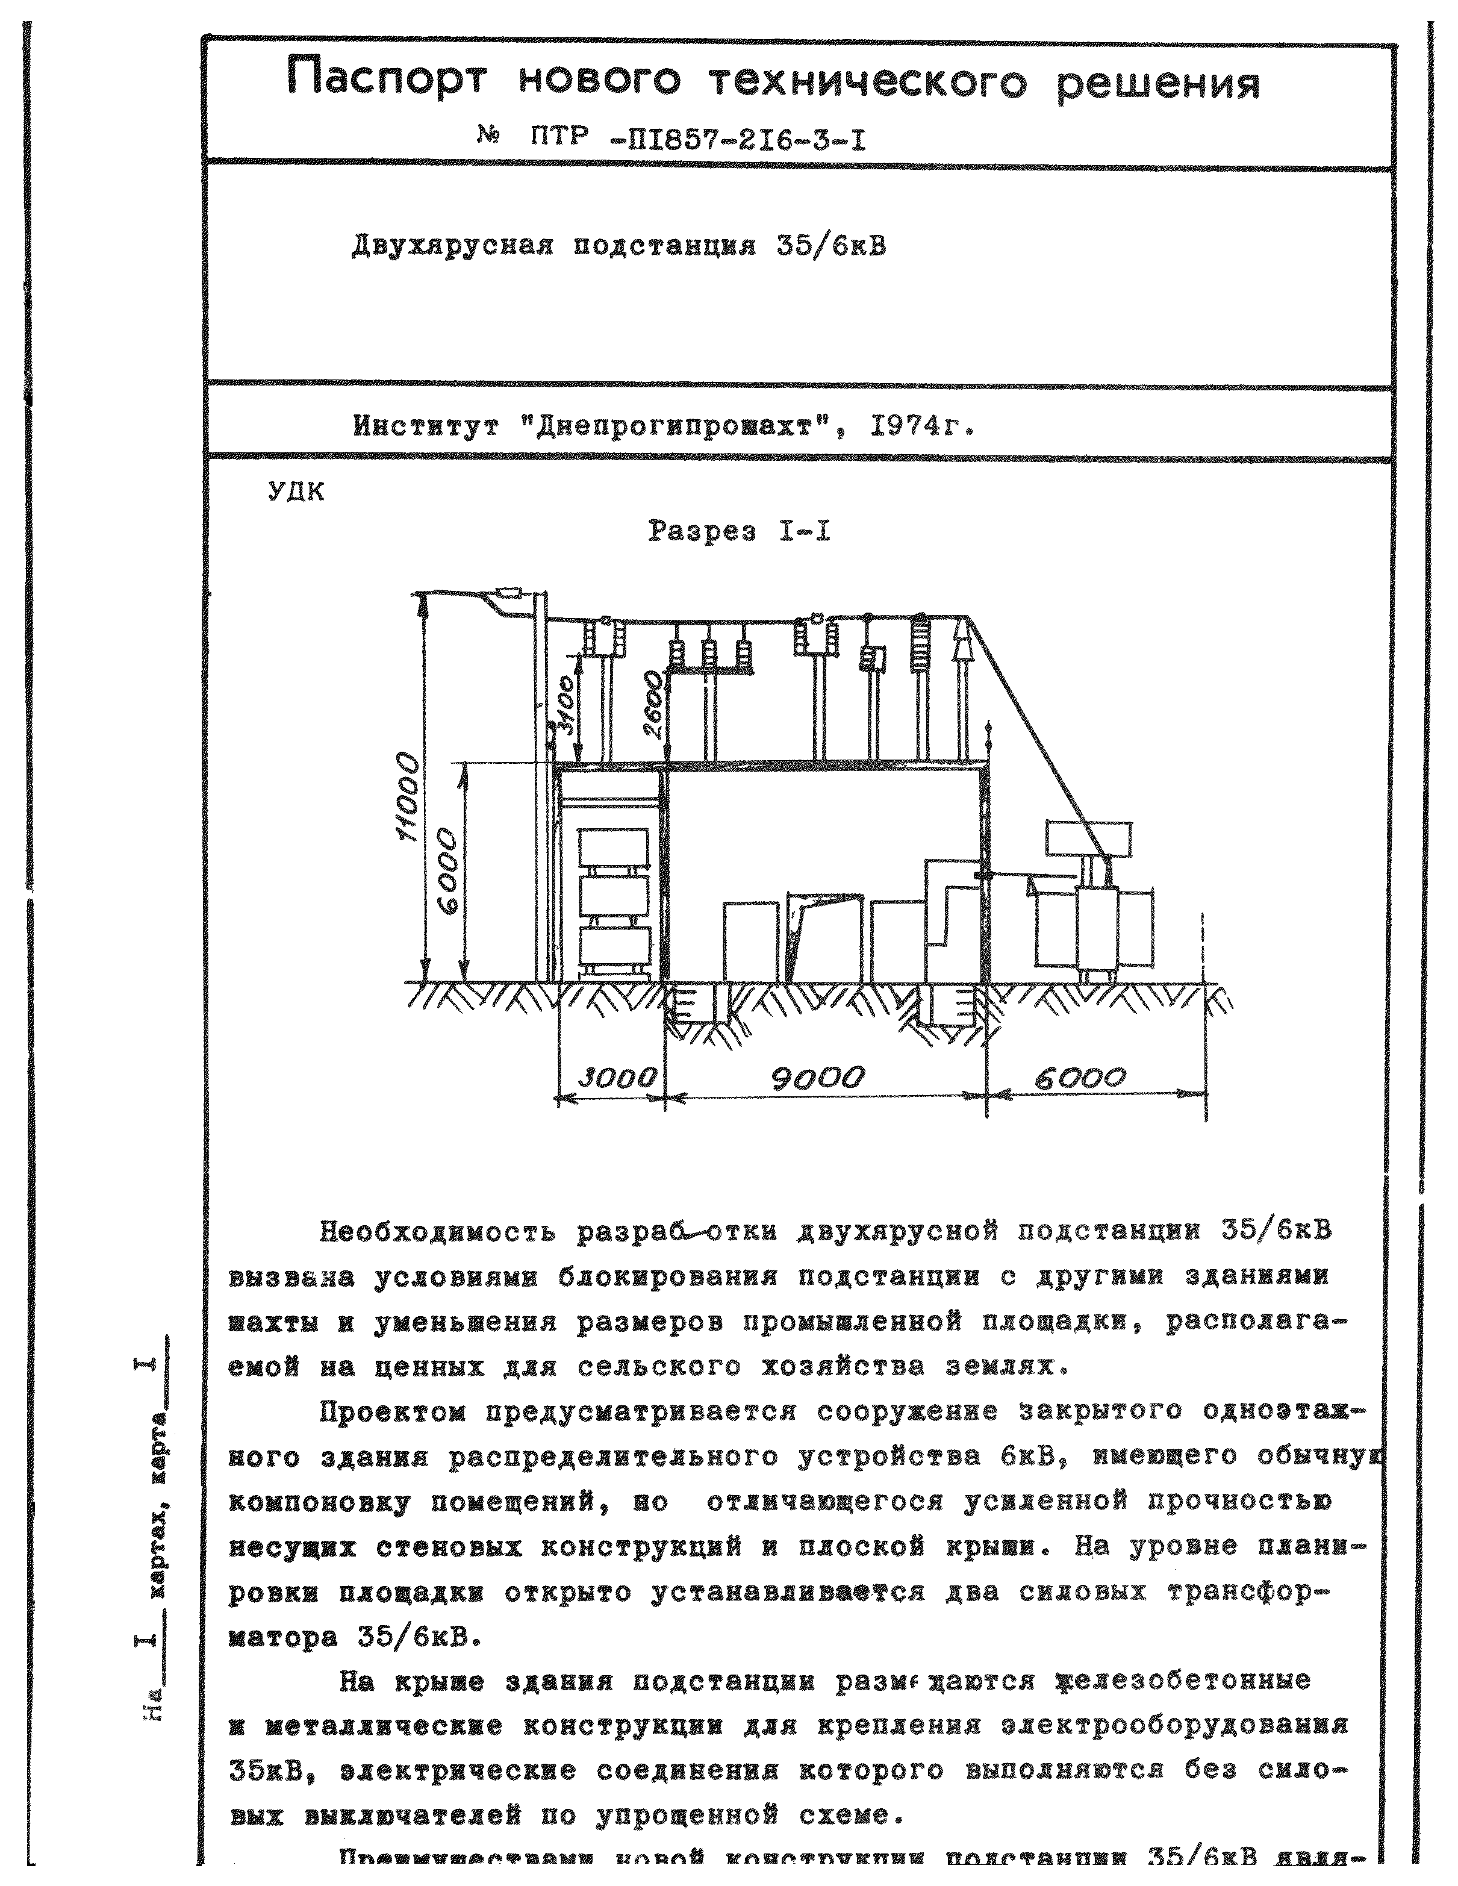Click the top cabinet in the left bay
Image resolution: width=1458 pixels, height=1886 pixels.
coord(615,849)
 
